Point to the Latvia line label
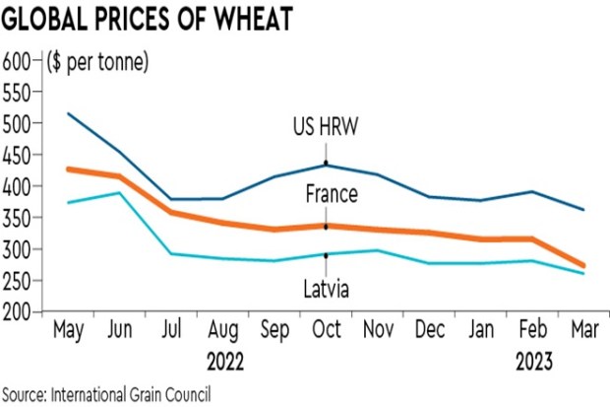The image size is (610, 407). pyautogui.click(x=326, y=288)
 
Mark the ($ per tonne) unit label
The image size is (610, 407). pyautogui.click(x=97, y=63)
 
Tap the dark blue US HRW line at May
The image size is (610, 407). pyautogui.click(x=68, y=114)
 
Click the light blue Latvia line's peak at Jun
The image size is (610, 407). pyautogui.click(x=119, y=193)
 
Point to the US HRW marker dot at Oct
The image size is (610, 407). pyautogui.click(x=326, y=164)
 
